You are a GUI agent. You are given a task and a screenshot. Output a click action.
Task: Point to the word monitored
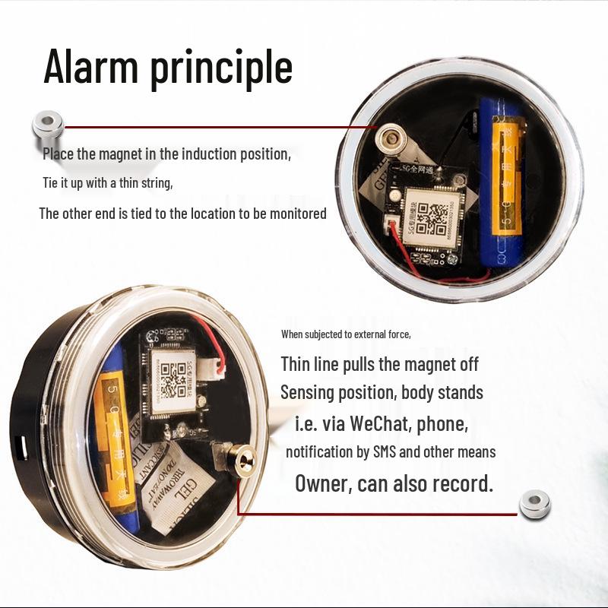(298, 214)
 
